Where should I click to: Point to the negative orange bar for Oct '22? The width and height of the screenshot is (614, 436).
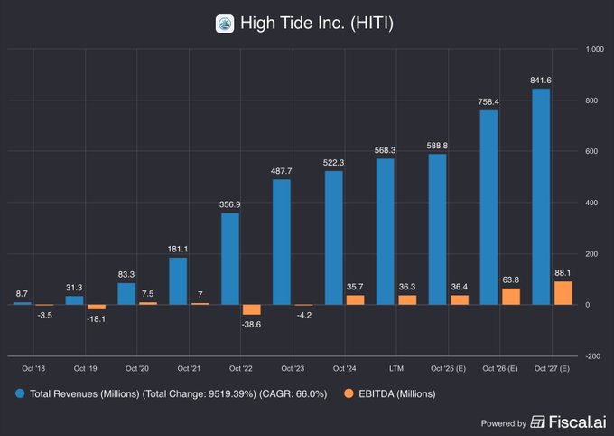click(x=252, y=309)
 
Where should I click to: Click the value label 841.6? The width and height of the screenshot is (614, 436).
click(x=541, y=81)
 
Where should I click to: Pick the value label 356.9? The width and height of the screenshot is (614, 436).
click(x=230, y=204)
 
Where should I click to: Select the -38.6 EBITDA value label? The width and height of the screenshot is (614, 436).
click(x=252, y=324)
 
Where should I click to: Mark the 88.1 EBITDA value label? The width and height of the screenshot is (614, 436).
click(x=563, y=274)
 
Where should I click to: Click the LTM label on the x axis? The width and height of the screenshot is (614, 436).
click(x=395, y=368)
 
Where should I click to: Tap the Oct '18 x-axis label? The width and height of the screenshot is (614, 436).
click(x=33, y=368)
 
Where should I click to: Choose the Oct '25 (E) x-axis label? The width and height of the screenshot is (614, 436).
click(x=448, y=368)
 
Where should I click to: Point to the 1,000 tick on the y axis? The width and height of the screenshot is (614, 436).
click(x=594, y=49)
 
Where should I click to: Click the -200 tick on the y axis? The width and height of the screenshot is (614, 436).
click(x=592, y=355)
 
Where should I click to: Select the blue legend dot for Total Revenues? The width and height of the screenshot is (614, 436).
click(x=20, y=393)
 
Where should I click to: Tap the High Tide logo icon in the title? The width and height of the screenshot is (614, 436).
click(x=225, y=23)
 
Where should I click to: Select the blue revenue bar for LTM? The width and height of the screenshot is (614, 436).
click(x=386, y=232)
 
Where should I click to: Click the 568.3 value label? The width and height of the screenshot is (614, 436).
click(x=386, y=150)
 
